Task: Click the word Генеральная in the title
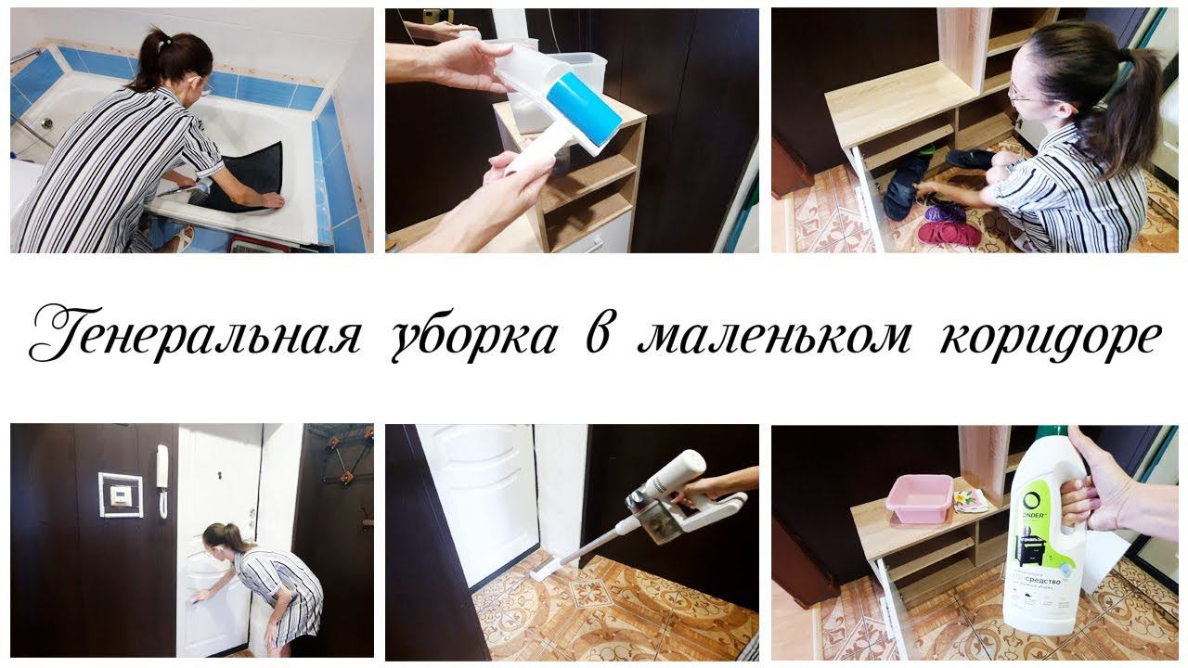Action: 195,336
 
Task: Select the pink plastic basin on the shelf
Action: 920,498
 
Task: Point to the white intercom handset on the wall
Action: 162,479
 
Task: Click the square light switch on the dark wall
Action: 121,495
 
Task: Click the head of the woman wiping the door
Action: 214,537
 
